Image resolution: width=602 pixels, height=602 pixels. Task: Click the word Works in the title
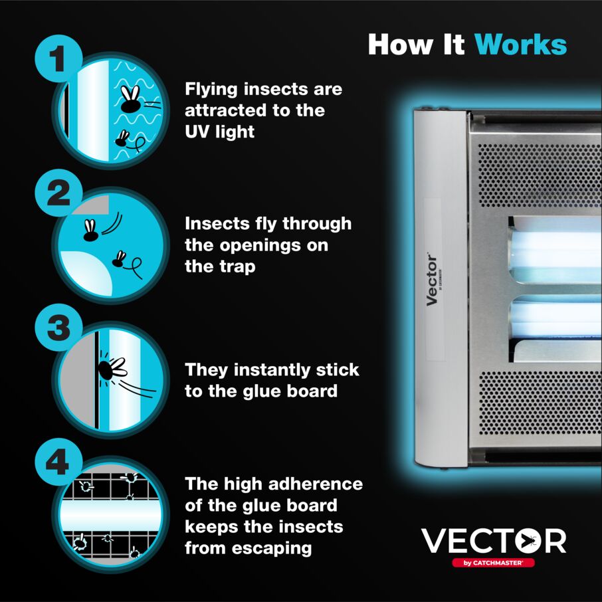(x=521, y=45)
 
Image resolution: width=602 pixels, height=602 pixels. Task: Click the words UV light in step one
(x=219, y=132)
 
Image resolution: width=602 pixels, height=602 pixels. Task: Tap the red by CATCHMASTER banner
(x=493, y=562)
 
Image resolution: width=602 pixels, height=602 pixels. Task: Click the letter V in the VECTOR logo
(x=435, y=541)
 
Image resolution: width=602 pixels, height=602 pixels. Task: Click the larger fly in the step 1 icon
(x=132, y=98)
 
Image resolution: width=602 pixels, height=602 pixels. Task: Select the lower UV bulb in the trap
(x=555, y=318)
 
